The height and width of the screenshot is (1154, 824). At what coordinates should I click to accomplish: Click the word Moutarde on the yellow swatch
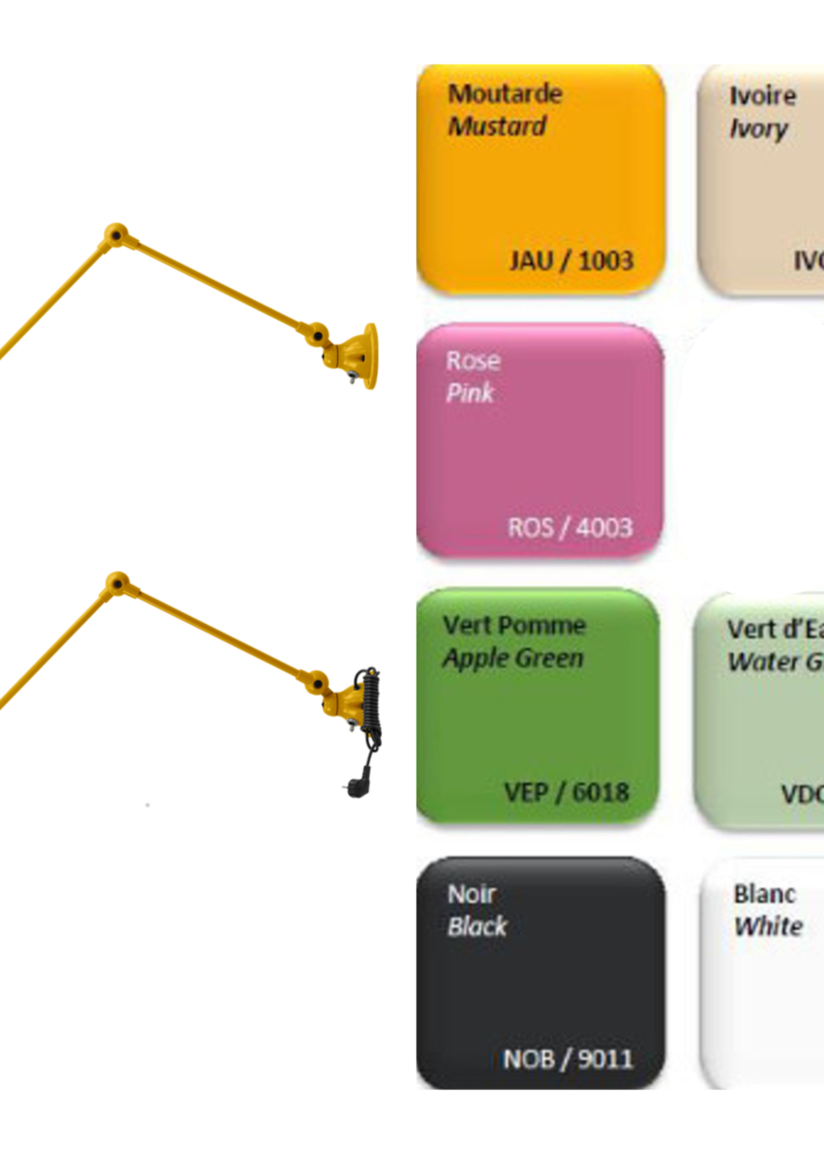click(x=505, y=94)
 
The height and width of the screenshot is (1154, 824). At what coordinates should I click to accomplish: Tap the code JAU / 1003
click(x=571, y=261)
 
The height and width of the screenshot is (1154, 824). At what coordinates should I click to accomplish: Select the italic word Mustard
click(x=497, y=126)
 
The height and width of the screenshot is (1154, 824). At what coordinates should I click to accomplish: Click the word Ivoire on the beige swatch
click(x=762, y=96)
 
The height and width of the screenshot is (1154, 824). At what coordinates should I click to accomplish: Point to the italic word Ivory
click(x=758, y=129)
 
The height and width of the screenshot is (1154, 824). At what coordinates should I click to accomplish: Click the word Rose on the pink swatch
click(x=473, y=361)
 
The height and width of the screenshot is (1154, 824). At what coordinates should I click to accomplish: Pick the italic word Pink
click(x=470, y=393)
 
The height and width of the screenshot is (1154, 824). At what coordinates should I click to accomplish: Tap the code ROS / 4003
click(x=570, y=528)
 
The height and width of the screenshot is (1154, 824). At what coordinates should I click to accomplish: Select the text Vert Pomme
click(x=514, y=625)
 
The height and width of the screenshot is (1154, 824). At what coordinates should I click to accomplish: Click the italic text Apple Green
click(x=513, y=658)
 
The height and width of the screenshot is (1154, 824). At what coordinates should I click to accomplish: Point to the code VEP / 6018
click(x=566, y=792)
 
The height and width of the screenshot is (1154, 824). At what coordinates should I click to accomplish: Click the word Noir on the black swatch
click(x=471, y=894)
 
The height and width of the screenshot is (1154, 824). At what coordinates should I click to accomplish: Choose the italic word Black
click(x=477, y=926)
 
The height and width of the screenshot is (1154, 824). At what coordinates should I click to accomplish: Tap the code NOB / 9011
click(x=567, y=1059)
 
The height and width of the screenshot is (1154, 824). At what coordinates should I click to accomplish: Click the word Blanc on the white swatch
click(x=764, y=894)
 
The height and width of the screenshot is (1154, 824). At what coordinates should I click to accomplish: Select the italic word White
click(x=768, y=926)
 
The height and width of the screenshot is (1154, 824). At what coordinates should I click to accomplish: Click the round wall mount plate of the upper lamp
click(x=371, y=356)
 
